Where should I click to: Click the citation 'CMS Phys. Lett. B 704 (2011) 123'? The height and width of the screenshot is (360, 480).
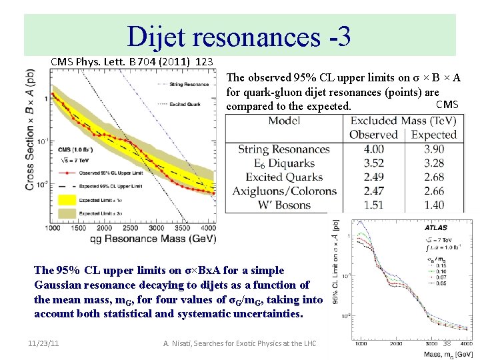(x=132, y=61)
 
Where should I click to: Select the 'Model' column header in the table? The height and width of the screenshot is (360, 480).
(x=284, y=121)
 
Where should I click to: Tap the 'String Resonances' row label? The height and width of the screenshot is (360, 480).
(x=284, y=149)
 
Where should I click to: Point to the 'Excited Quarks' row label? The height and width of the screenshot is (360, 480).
(x=284, y=177)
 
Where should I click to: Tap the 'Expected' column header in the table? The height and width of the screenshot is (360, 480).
(x=434, y=135)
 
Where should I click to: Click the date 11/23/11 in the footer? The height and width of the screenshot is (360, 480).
(x=45, y=343)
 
